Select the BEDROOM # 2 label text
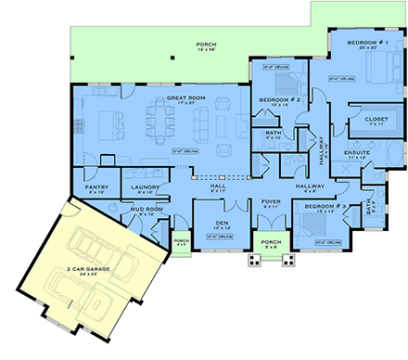[275, 101]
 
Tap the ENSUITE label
[357, 153]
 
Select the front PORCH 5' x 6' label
[272, 244]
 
